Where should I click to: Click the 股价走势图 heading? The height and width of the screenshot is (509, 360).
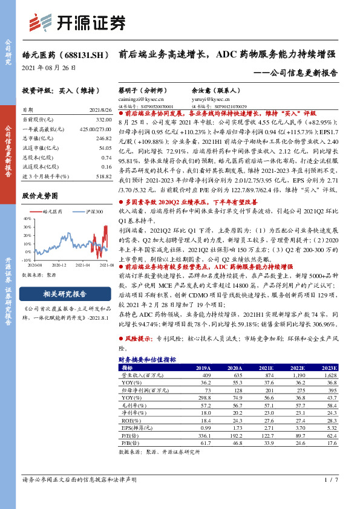click(x=40, y=196)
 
